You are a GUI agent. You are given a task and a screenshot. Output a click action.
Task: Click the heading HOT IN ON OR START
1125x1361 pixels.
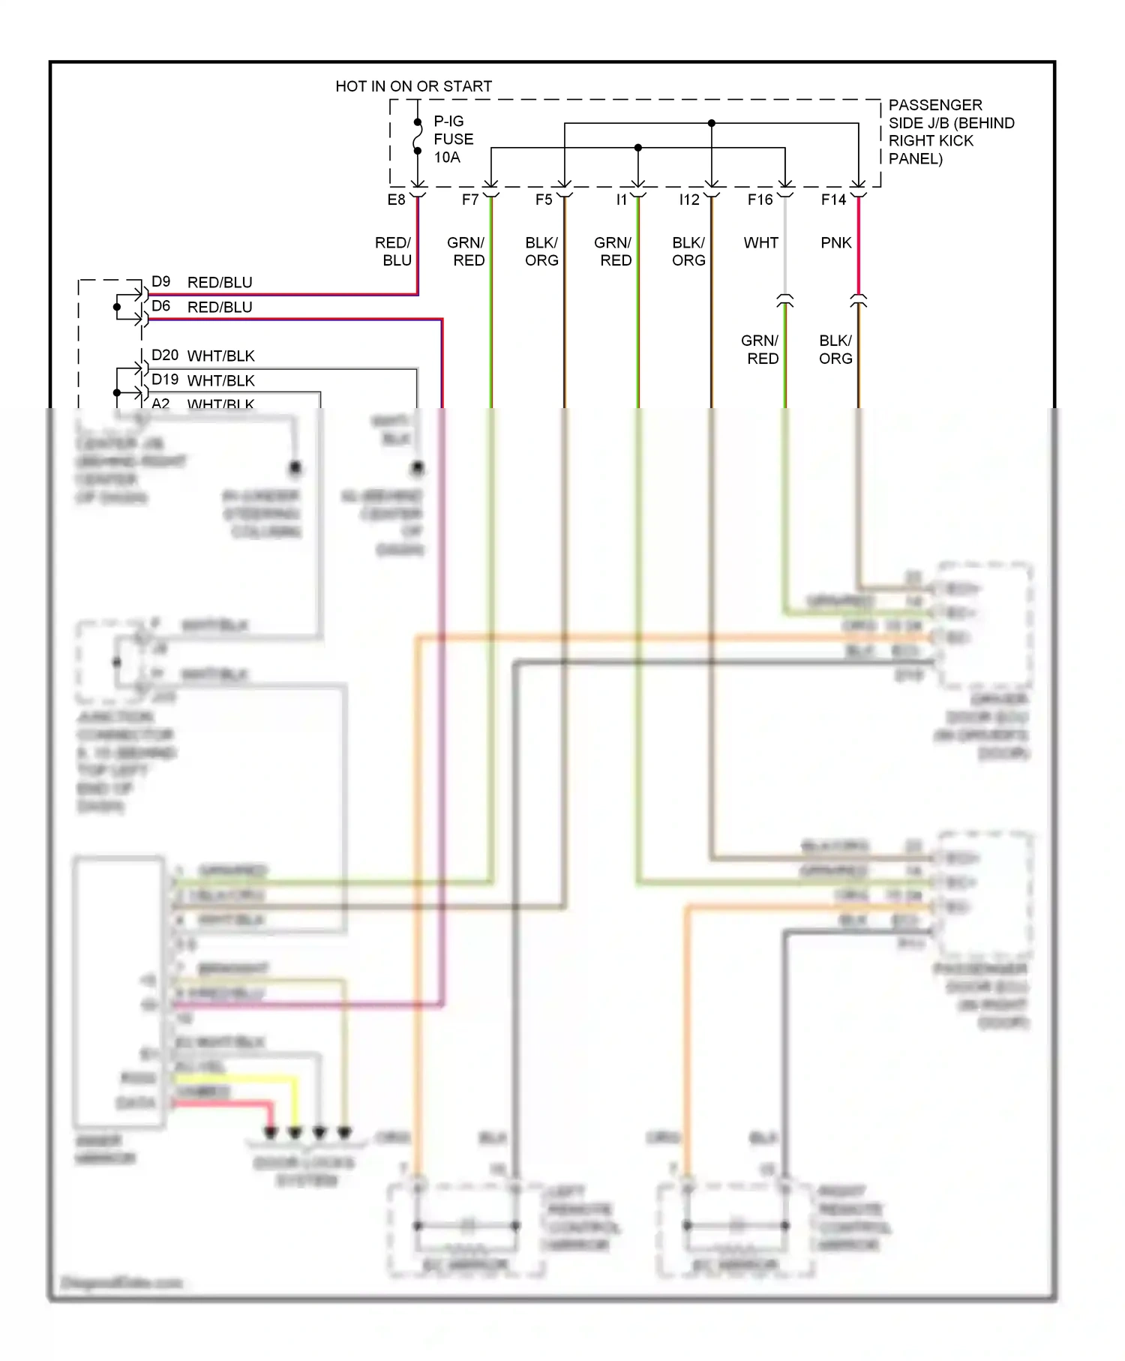point(413,86)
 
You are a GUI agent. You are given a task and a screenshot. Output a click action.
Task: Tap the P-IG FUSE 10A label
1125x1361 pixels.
point(453,140)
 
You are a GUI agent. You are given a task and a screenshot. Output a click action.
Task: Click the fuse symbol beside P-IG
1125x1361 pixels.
point(418,137)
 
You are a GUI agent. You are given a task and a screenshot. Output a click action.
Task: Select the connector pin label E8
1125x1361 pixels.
point(396,200)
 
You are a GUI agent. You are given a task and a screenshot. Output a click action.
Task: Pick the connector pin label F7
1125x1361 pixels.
point(470,200)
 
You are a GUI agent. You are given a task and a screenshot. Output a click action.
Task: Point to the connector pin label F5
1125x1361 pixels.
point(544,200)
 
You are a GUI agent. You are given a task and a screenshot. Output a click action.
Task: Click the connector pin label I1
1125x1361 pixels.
point(621,200)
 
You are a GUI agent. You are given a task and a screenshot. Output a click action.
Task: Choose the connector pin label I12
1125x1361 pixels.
point(689,200)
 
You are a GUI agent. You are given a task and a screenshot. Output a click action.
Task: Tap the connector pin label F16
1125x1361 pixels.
point(760,200)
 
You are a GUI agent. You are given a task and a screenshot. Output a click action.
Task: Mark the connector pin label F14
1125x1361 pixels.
point(833,200)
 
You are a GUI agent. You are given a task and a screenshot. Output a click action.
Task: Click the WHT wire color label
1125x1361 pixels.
point(760,243)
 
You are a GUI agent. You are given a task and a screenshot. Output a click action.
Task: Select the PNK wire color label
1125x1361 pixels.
point(835,243)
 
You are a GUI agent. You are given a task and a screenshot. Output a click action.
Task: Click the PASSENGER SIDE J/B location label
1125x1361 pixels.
point(950,132)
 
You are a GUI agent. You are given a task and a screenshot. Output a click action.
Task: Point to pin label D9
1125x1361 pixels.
point(160,281)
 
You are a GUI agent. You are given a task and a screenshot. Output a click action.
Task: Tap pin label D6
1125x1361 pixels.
point(160,306)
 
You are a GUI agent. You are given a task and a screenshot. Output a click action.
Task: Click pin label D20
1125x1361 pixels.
point(165,355)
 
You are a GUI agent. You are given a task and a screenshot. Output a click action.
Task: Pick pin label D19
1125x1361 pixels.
point(165,380)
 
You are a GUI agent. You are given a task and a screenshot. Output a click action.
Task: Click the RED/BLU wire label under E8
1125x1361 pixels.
point(394,251)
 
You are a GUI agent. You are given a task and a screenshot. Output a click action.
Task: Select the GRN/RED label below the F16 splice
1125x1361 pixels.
point(760,350)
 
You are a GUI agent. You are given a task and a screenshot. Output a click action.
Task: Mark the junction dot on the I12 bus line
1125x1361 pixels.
point(712,123)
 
